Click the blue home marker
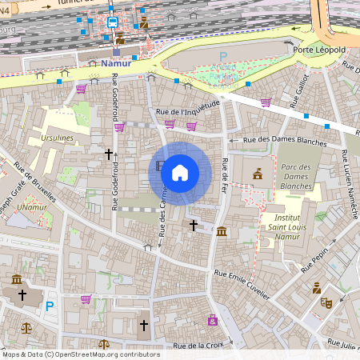click(x=180, y=173)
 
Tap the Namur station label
click(x=115, y=63)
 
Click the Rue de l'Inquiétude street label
click(x=188, y=111)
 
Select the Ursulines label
click(x=54, y=138)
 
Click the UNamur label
click(x=33, y=207)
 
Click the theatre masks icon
click(x=326, y=302)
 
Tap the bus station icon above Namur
click(x=113, y=23)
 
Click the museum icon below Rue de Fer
click(x=222, y=232)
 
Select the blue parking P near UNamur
click(x=50, y=306)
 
